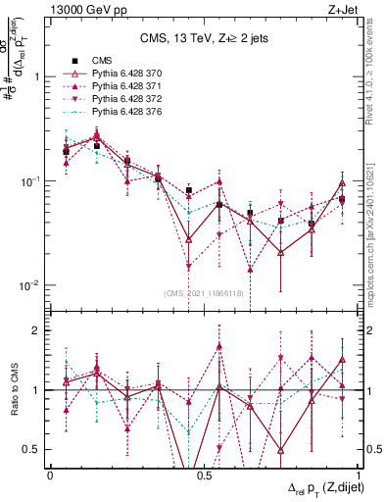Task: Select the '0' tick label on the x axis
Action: click(50, 475)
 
